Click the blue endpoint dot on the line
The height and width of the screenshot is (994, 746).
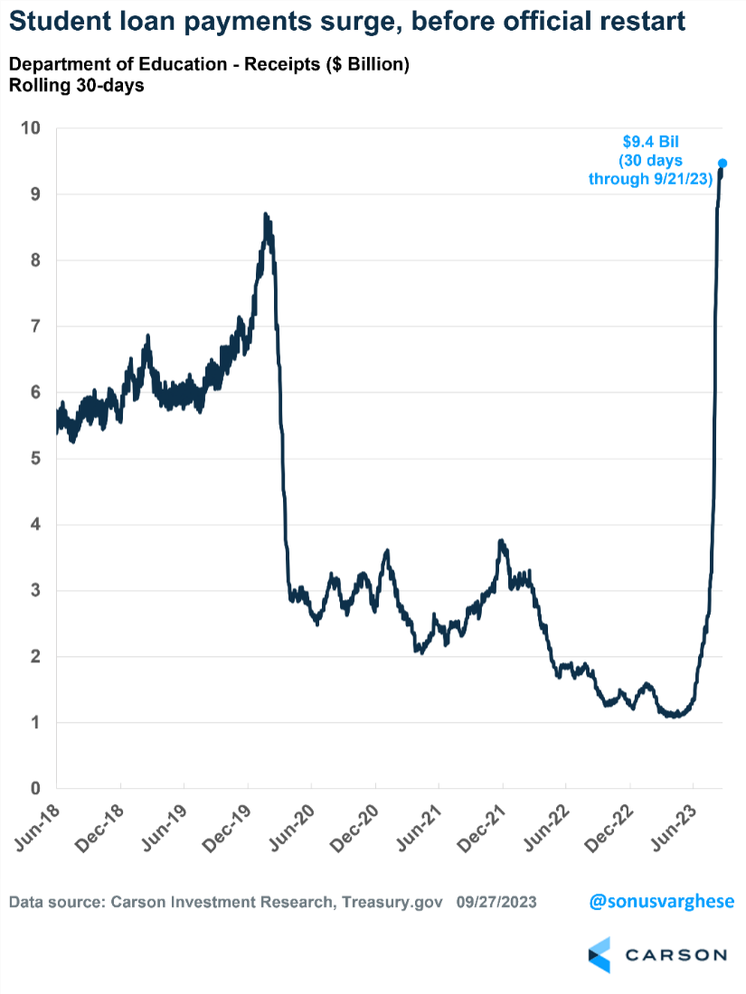pos(722,164)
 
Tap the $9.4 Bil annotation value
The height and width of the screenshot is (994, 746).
pos(649,142)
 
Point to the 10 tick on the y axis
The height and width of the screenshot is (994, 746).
pos(32,128)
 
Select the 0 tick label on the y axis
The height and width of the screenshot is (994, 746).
pos(36,789)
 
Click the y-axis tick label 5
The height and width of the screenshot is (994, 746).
pos(36,458)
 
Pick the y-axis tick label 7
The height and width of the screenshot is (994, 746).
pos(36,326)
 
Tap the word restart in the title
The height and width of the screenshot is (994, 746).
pos(632,21)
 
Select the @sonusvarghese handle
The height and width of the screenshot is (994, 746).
pos(662,902)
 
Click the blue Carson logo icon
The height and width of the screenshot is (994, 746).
pos(600,955)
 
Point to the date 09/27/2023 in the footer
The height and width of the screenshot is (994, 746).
pos(496,902)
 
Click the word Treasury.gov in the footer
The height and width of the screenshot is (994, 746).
pos(398,902)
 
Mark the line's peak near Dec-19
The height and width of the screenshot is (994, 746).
pos(265,215)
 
